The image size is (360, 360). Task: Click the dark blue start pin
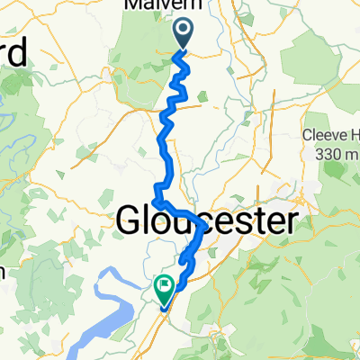183,34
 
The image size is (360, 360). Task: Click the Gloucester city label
206,220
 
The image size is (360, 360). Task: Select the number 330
329,155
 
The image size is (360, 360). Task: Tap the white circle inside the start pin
183,31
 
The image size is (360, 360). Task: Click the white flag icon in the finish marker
166,286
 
